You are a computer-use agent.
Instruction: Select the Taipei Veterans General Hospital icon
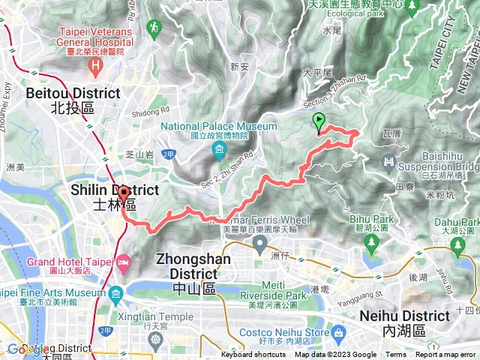(x=95, y=66)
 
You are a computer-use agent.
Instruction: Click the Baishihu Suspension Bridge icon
(x=388, y=162)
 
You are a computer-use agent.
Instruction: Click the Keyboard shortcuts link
(x=254, y=355)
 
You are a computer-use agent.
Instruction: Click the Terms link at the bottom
(x=395, y=355)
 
